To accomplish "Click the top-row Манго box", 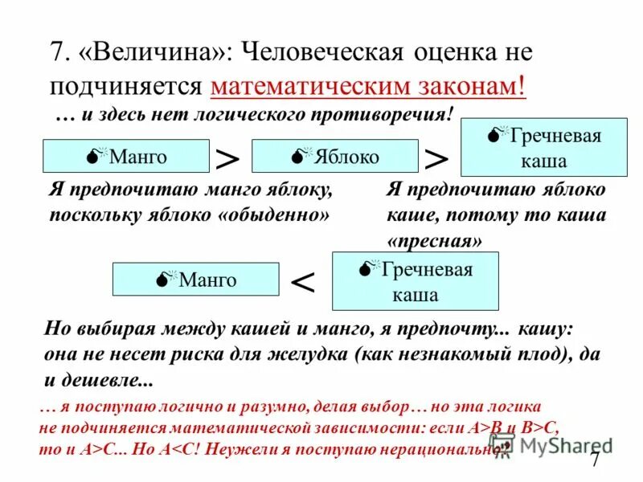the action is pos(125,156).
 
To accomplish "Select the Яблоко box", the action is pos(334,156).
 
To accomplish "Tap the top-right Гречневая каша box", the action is pos(543,149).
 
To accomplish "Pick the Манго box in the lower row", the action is pos(195,279).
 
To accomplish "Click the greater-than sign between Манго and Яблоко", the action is pos(227,157).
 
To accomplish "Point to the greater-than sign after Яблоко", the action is pos(436,157).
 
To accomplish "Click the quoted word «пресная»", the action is pos(435,240).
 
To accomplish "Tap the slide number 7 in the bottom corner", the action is pos(595,460).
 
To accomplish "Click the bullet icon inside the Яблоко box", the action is pos(297,156).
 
